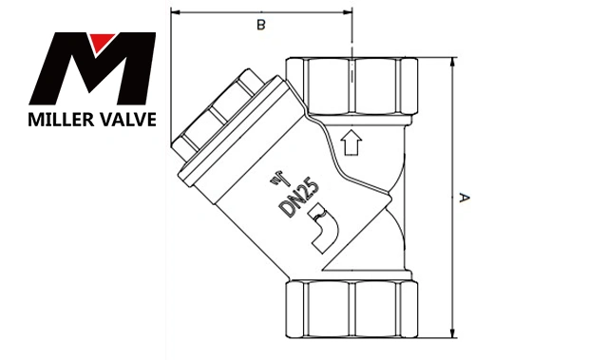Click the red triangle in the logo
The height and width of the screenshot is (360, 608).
pos(101,40)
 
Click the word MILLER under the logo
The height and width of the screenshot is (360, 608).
pos(60,120)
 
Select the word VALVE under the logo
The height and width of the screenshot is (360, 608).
pos(126,120)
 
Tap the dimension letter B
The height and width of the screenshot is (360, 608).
pos(261,25)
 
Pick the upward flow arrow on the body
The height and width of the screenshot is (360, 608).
pos(351,142)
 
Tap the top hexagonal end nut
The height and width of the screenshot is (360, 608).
pos(351,86)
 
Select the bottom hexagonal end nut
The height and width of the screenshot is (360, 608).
pos(351,310)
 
